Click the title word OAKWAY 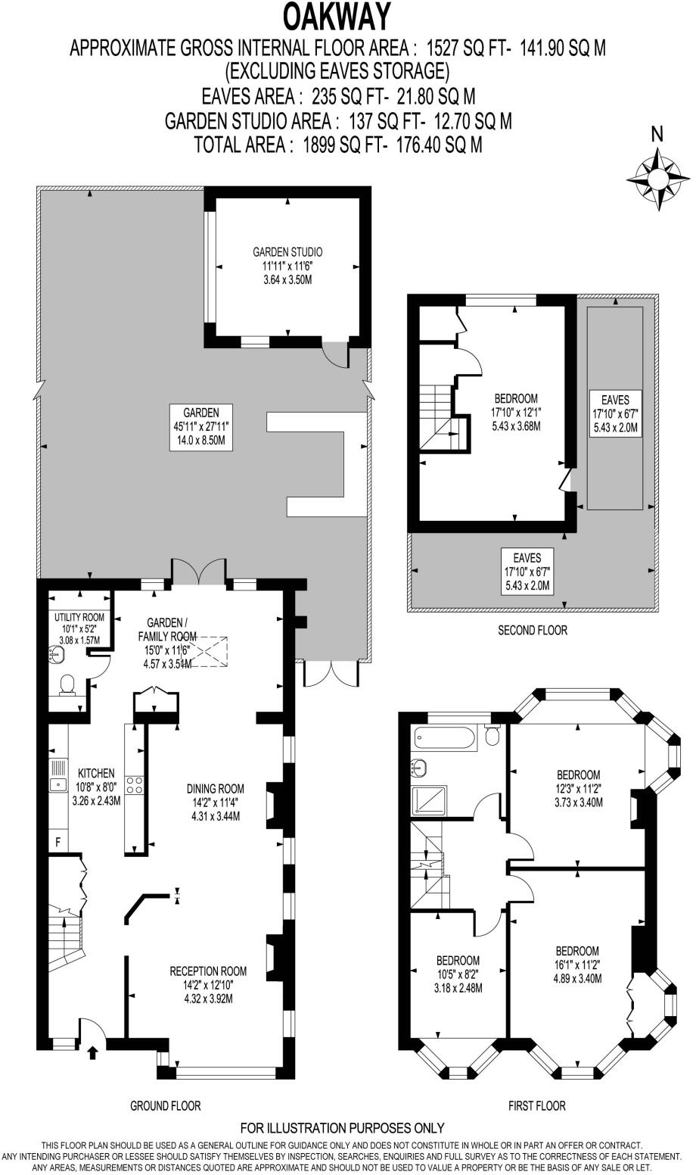(x=337, y=16)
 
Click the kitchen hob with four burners (x=135, y=785)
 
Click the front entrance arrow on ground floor (x=93, y=1052)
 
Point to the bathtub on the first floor (x=445, y=737)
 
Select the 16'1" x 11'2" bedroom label (x=577, y=965)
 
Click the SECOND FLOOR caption (x=532, y=630)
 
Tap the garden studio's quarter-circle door (x=333, y=353)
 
